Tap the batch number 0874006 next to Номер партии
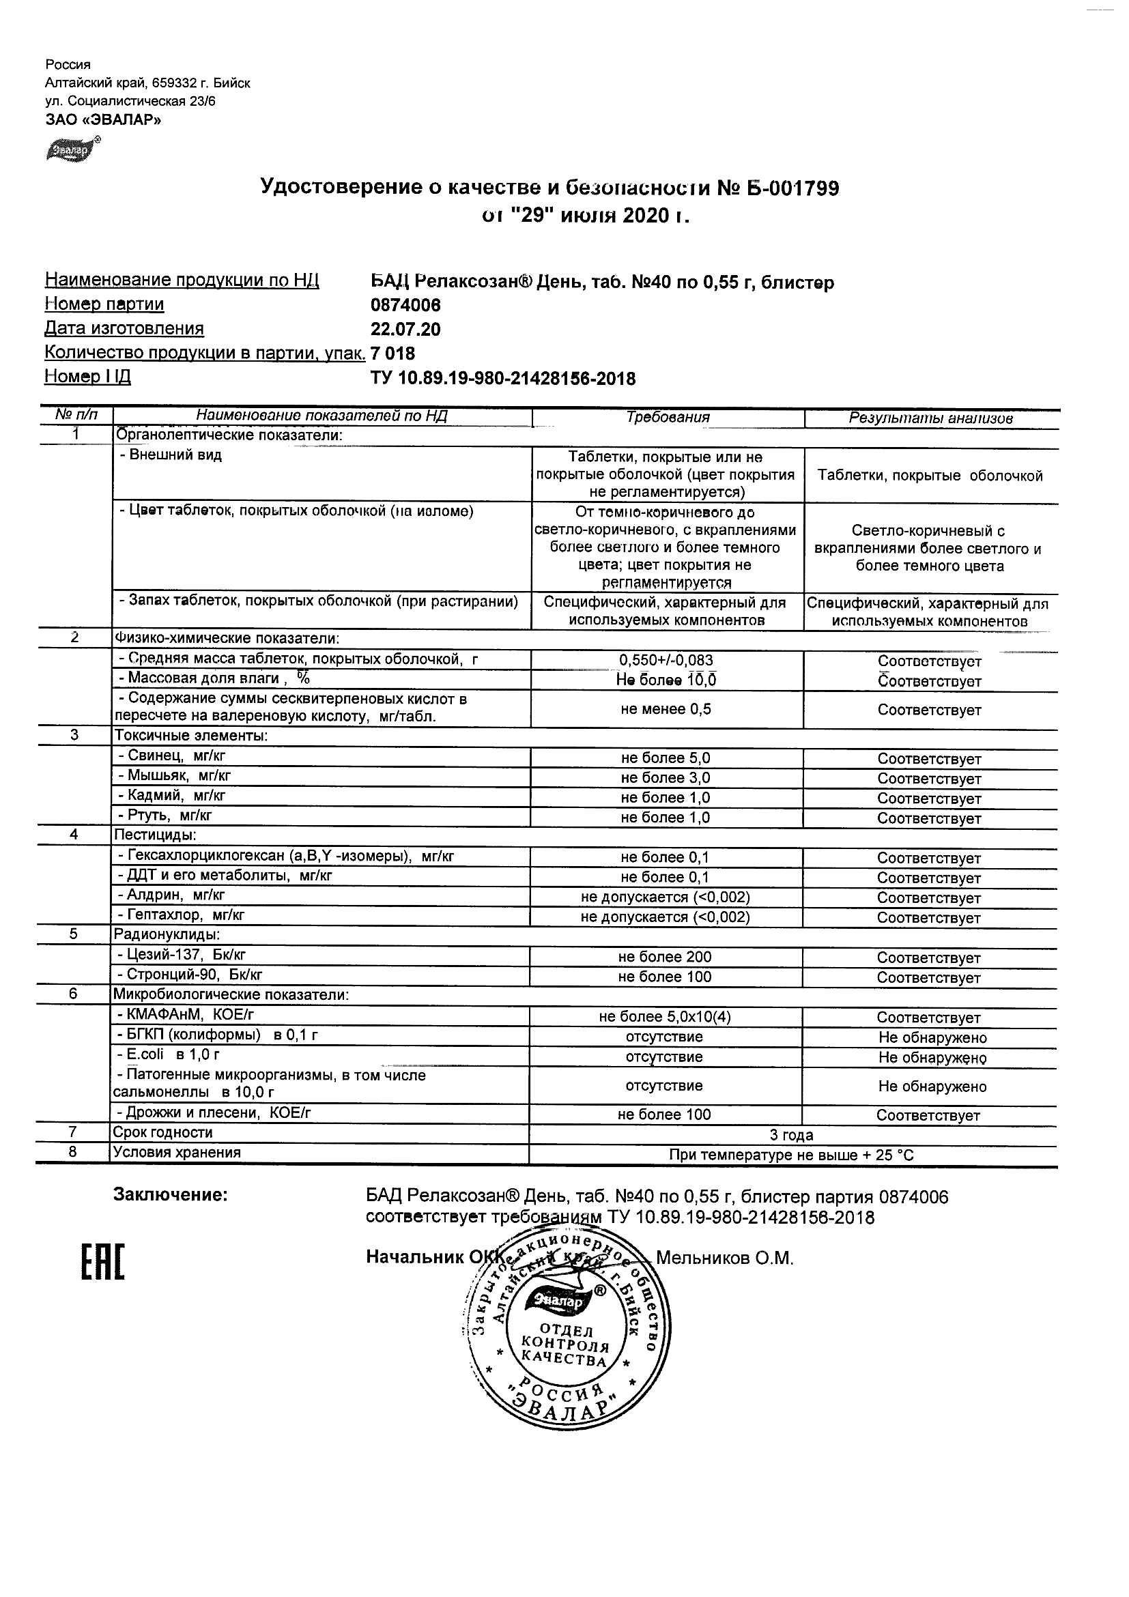coord(405,305)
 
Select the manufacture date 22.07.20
coord(405,330)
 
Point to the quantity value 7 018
coord(393,354)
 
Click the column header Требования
coord(668,417)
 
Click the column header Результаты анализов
coord(930,419)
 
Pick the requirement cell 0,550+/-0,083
coord(666,661)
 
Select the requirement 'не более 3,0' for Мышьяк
coord(665,778)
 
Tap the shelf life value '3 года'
coord(791,1136)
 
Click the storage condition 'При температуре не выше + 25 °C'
coord(791,1156)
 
